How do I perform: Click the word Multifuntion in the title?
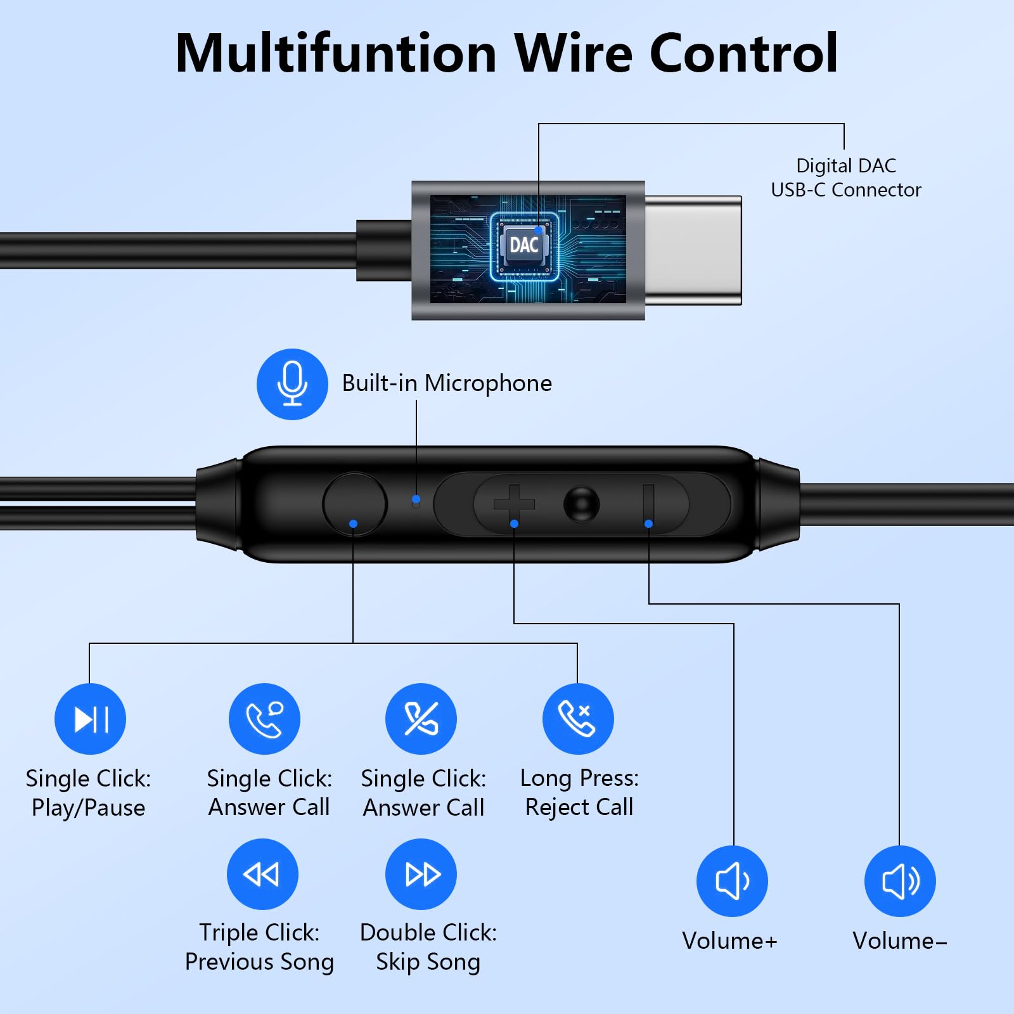coord(336,53)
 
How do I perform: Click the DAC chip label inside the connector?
coord(524,245)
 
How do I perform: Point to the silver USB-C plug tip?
coord(693,250)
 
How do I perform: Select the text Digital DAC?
coord(846,166)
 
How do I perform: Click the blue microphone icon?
coord(292,384)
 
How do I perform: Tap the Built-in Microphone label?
coord(447,383)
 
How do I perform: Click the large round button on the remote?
coord(355,504)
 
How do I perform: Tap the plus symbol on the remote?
coord(514,504)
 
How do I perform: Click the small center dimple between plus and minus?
coord(581,504)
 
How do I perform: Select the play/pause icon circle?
coord(90,719)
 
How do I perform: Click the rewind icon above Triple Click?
coord(262,875)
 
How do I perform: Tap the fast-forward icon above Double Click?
coord(421,875)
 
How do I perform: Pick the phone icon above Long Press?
coord(578,719)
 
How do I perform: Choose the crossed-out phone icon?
coord(421,719)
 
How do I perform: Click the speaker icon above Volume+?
coord(732,881)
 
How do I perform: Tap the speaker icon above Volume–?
coord(900,881)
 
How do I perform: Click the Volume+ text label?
coord(729,941)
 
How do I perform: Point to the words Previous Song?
coord(259,962)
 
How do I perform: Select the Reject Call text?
coord(579,807)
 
